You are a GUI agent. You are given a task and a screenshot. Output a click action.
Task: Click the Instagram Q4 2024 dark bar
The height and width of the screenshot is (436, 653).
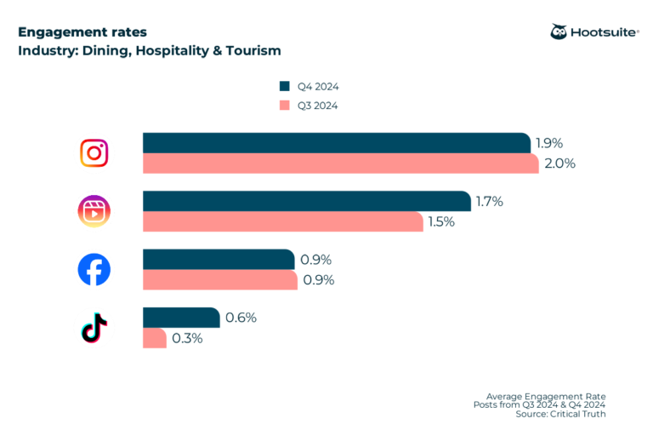(x=336, y=143)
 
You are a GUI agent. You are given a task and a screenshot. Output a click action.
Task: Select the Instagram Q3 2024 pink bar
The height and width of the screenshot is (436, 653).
(x=340, y=163)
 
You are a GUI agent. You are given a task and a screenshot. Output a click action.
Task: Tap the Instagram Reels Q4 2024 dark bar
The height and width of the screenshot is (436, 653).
(x=306, y=201)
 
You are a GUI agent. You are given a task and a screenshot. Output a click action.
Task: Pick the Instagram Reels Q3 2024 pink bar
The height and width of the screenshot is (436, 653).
(x=282, y=221)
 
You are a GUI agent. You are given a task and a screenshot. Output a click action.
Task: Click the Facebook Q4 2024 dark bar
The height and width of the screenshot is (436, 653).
(x=219, y=259)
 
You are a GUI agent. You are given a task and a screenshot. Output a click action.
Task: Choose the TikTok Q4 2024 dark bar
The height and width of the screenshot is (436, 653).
(x=180, y=317)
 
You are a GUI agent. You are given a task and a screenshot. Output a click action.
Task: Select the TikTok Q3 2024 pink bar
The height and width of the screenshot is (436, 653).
(x=154, y=338)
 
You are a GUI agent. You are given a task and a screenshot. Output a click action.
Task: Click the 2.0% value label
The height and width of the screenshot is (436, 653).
(x=559, y=163)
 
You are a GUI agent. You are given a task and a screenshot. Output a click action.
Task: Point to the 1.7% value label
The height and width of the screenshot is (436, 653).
(x=490, y=202)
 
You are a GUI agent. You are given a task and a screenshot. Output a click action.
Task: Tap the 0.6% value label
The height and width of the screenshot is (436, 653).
(x=241, y=318)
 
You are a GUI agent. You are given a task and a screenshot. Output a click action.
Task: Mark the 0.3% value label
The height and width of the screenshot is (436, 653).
(x=187, y=338)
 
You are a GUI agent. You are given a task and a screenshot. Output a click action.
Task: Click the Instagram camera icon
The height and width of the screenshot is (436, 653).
(x=94, y=153)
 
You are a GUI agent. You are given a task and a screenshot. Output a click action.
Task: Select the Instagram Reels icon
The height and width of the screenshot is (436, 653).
(x=94, y=211)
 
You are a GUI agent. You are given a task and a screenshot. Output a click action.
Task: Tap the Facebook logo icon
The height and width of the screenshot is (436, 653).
(x=94, y=270)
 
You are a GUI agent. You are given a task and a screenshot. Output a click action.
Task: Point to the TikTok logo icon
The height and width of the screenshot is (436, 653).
(x=94, y=328)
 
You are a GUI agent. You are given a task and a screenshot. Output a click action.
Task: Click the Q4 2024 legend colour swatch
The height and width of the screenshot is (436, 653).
(x=285, y=86)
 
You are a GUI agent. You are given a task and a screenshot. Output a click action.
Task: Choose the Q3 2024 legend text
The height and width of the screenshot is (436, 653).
(x=318, y=106)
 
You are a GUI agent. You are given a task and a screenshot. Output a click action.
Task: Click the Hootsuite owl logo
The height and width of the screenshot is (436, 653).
(x=559, y=32)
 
